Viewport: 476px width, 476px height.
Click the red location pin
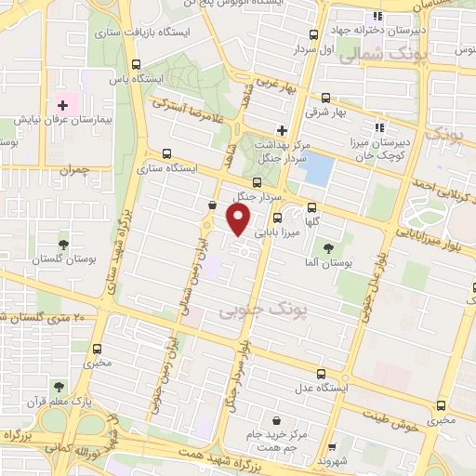tap(238, 219)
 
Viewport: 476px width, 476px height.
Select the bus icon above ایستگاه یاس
tap(137, 65)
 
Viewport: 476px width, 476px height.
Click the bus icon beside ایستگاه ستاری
tap(166, 154)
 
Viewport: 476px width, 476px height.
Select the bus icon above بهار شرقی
tap(325, 97)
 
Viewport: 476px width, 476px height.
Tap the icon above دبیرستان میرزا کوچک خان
tap(377, 127)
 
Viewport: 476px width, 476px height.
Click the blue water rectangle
tap(318, 169)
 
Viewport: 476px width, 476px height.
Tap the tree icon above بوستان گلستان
tap(63, 245)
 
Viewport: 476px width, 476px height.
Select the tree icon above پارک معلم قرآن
tap(59, 387)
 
